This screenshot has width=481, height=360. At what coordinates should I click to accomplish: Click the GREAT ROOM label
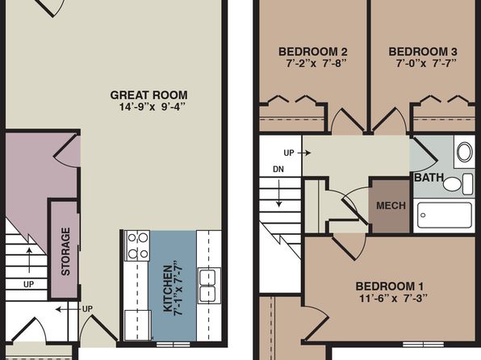click(x=148, y=94)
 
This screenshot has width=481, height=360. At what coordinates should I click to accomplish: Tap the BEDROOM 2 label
click(x=313, y=52)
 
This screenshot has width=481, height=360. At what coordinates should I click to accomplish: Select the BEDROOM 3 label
click(x=423, y=52)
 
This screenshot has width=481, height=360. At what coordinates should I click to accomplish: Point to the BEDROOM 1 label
click(x=390, y=287)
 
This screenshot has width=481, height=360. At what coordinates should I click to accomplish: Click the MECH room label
click(x=391, y=205)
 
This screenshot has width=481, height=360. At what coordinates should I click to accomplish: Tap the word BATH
click(x=429, y=178)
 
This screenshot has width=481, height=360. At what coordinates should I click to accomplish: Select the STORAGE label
click(x=65, y=251)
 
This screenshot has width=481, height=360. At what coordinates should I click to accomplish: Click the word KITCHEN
click(x=168, y=289)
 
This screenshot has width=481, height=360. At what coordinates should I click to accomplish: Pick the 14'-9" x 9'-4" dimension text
click(x=153, y=107)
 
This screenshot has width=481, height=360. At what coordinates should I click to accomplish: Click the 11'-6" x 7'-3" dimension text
click(x=393, y=299)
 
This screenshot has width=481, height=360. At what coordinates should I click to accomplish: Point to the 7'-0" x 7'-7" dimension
click(x=426, y=64)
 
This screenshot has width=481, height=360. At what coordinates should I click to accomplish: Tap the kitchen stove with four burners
click(x=137, y=245)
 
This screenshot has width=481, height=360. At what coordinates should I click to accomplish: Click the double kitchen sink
click(x=208, y=286)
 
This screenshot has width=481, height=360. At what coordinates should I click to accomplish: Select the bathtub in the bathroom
click(x=445, y=216)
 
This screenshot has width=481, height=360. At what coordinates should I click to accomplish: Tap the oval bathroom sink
click(x=465, y=152)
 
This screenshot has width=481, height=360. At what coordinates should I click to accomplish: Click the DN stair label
click(x=278, y=170)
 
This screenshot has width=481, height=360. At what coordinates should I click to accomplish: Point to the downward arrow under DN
click(x=279, y=193)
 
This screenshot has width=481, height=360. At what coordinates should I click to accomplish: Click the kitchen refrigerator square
click(x=137, y=324)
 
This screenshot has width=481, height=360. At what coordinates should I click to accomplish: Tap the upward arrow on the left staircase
click(x=29, y=260)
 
